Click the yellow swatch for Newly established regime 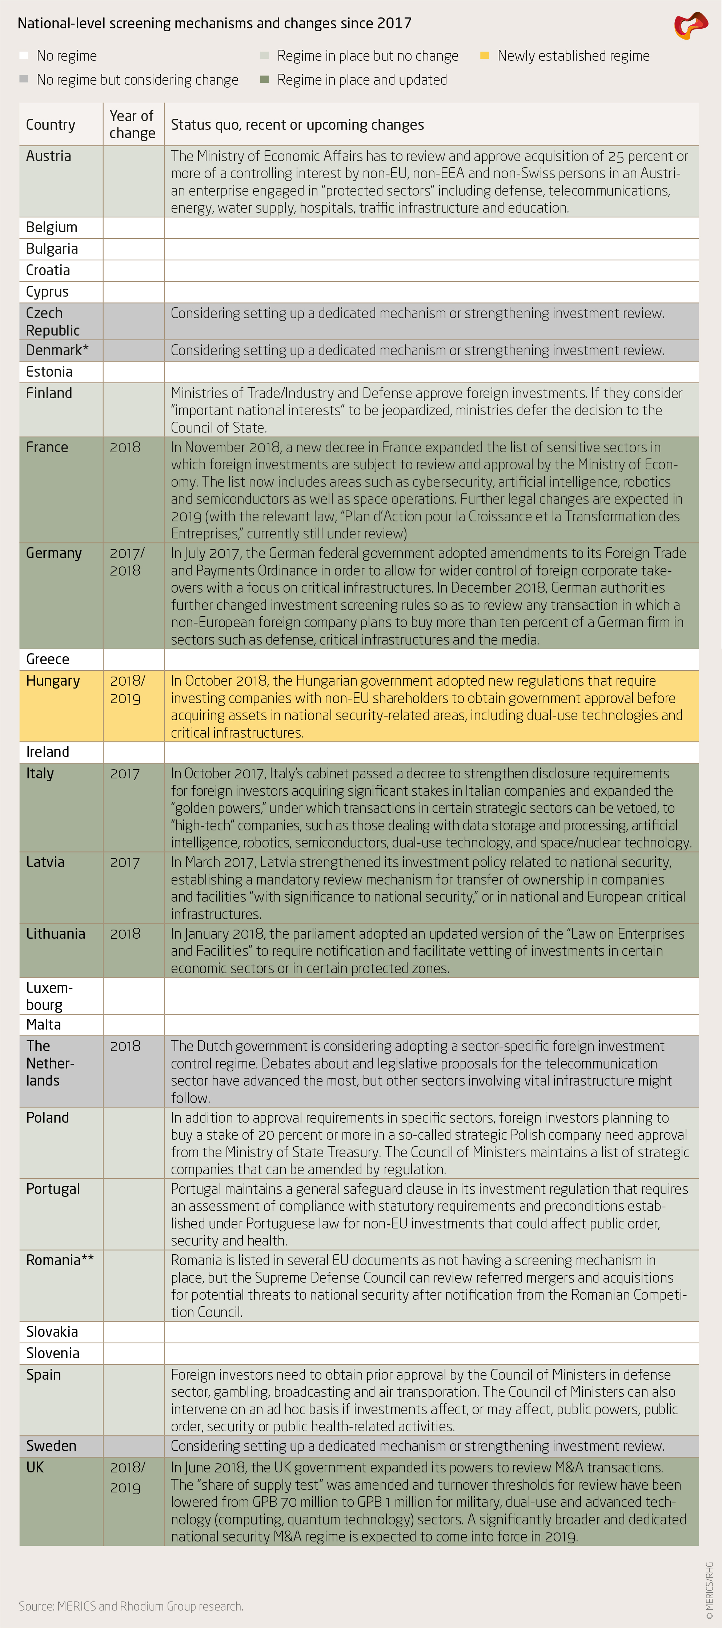point(485,56)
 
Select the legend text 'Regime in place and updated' point(362,80)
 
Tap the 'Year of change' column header point(132,124)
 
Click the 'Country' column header point(51,124)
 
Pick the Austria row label point(49,156)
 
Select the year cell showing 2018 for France point(125,448)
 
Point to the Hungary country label point(53,681)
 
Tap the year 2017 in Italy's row point(125,774)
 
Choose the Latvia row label point(45,862)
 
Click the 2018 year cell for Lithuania point(125,934)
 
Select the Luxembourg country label point(49,996)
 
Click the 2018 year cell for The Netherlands point(125,1046)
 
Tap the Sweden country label point(51,1446)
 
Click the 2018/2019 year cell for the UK point(128,1476)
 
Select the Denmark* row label point(57,350)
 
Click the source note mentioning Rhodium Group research point(131,1606)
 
